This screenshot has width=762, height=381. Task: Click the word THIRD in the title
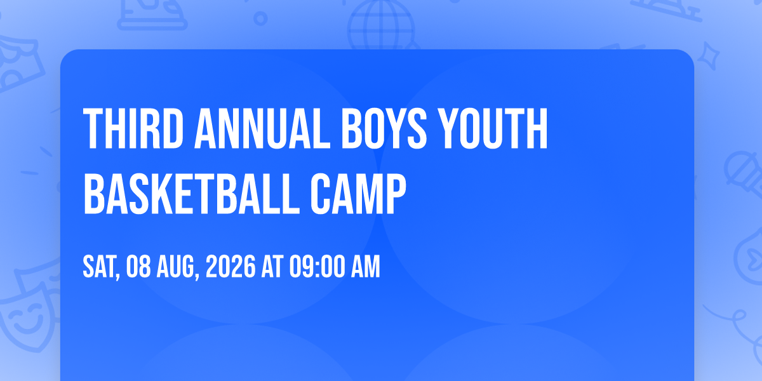click(133, 128)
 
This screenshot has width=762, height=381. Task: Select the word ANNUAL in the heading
click(262, 128)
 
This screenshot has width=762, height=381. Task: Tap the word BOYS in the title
click(384, 128)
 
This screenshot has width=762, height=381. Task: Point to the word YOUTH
click(492, 128)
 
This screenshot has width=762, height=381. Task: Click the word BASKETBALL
click(192, 194)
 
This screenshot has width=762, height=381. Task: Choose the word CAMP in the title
click(358, 194)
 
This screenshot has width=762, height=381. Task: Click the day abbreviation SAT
click(101, 268)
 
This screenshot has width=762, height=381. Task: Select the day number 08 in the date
click(138, 267)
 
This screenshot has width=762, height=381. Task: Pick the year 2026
click(231, 267)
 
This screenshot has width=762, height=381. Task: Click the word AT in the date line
click(272, 267)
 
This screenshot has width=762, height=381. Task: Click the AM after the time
click(365, 267)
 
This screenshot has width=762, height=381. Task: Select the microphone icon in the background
click(744, 173)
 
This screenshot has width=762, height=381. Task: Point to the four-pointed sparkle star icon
click(708, 56)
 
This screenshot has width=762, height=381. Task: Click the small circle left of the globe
click(260, 18)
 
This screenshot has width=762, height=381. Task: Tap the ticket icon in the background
click(20, 65)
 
